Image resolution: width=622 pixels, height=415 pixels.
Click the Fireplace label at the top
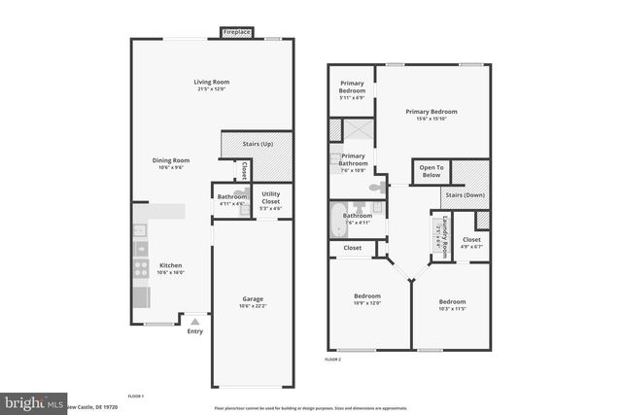(x=237, y=32)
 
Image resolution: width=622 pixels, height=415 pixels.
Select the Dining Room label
(x=170, y=162)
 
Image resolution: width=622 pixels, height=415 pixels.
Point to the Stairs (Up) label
(x=257, y=143)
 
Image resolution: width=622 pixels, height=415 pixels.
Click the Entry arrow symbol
(x=195, y=320)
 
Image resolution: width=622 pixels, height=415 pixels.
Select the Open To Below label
(x=431, y=171)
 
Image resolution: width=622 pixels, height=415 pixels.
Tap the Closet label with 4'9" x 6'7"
(x=470, y=242)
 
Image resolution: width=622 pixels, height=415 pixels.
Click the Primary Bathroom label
(x=354, y=161)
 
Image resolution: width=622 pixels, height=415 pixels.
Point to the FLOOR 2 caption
(x=332, y=360)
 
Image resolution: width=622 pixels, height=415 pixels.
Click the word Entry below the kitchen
(x=195, y=331)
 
